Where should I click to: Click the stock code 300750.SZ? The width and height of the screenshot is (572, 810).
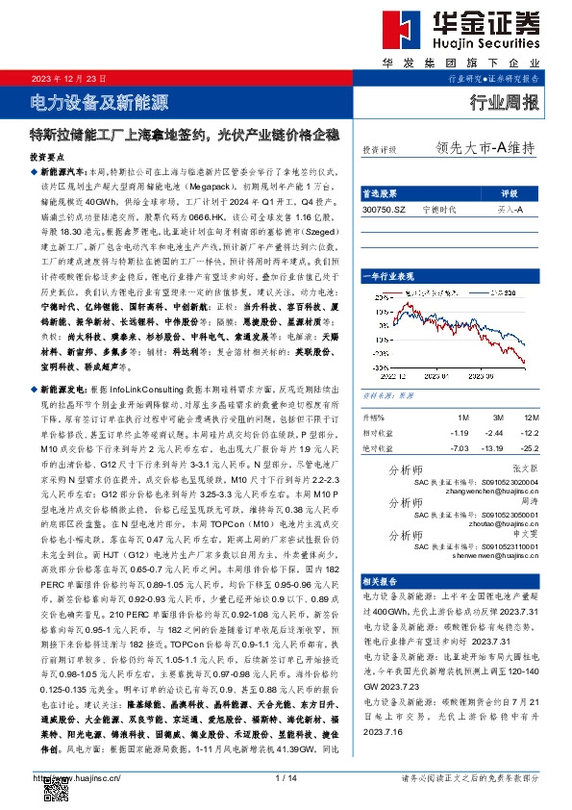[385, 208]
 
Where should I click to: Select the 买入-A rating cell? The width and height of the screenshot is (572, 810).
[510, 208]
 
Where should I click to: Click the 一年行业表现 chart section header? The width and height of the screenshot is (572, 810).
[393, 275]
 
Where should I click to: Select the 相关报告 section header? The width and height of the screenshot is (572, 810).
[384, 582]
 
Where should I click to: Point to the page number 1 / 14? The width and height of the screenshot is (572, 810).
[285, 777]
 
